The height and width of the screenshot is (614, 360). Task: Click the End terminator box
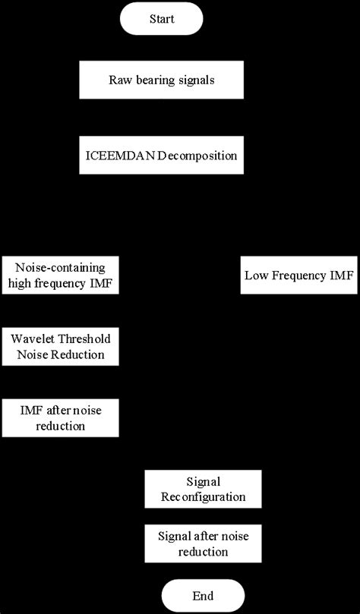pyautogui.click(x=203, y=595)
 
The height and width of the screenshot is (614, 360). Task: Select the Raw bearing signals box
pyautogui.click(x=161, y=80)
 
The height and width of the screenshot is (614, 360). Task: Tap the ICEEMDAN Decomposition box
pyautogui.click(x=161, y=156)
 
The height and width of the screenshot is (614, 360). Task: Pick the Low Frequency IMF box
pyautogui.click(x=298, y=276)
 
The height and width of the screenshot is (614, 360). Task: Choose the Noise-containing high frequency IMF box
pyautogui.click(x=61, y=276)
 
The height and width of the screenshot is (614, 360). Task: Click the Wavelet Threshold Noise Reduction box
pyautogui.click(x=61, y=347)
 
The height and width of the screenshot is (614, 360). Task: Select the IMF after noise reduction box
pyautogui.click(x=61, y=418)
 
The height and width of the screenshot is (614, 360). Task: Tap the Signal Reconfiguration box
pyautogui.click(x=203, y=490)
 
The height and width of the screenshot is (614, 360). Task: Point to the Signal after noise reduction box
pyautogui.click(x=203, y=543)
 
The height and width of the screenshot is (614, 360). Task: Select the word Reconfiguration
pyautogui.click(x=203, y=497)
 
